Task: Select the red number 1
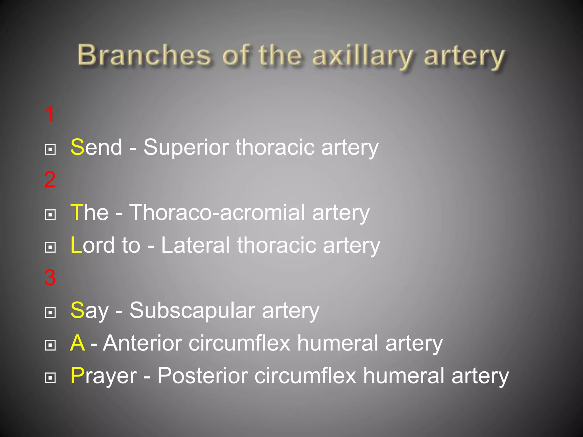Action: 50,114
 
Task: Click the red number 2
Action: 50,180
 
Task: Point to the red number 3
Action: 50,277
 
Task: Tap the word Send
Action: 96,147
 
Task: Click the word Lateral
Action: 195,245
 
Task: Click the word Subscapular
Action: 192,310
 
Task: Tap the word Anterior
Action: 142,343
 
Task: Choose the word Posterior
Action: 202,376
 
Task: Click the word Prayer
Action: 104,376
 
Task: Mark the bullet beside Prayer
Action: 50,378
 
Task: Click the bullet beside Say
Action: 50,312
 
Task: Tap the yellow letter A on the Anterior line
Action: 77,343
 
